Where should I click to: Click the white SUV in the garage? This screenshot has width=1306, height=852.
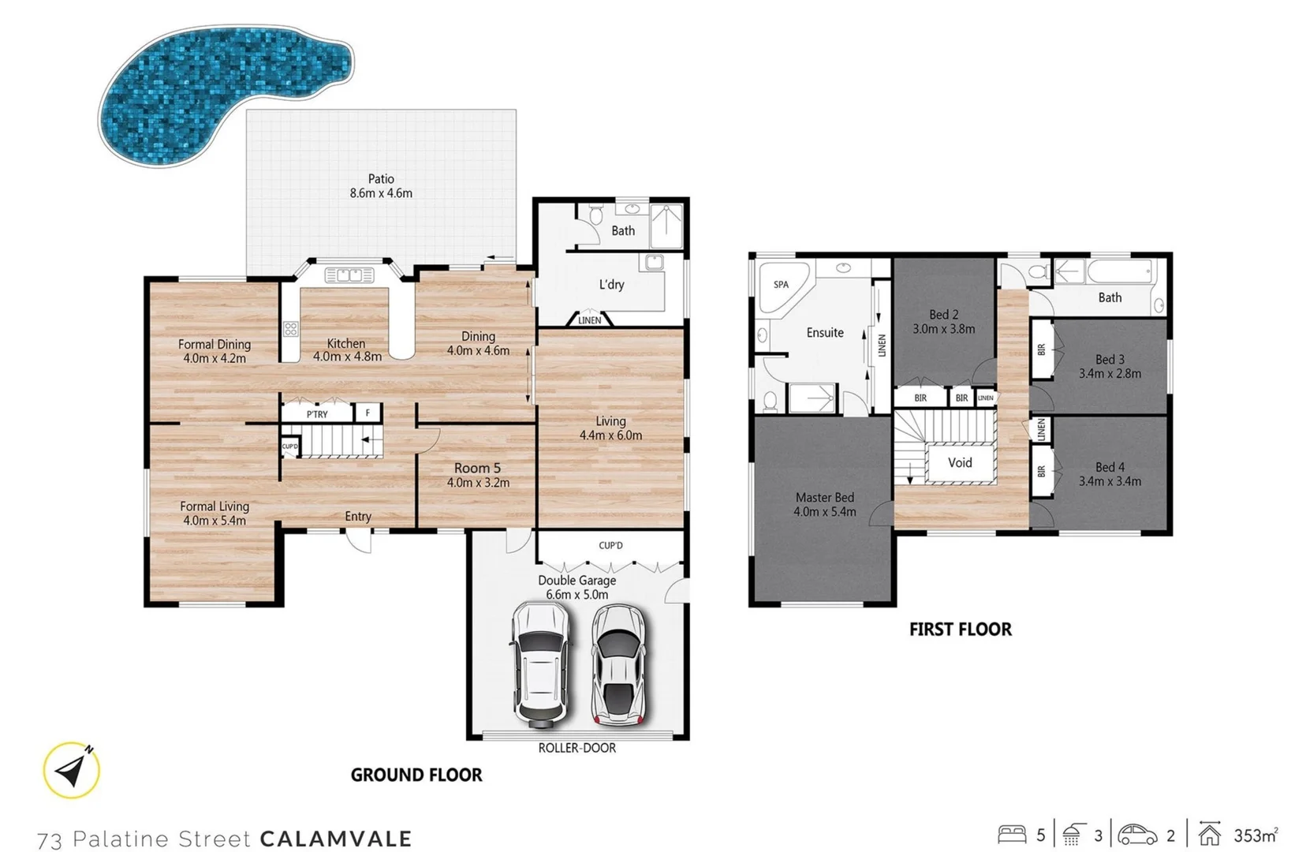pyautogui.click(x=541, y=663)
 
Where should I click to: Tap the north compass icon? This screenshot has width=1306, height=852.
pyautogui.click(x=72, y=770)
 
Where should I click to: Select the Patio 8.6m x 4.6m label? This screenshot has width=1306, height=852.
pyautogui.click(x=381, y=186)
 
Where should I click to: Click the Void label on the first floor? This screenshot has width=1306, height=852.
pyautogui.click(x=959, y=463)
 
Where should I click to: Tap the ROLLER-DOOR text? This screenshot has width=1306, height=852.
pyautogui.click(x=577, y=748)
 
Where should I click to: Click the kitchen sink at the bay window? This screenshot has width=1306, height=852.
pyautogui.click(x=349, y=275)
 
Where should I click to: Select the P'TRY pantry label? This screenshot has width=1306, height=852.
pyautogui.click(x=317, y=414)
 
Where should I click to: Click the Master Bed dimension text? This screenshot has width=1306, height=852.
pyautogui.click(x=824, y=511)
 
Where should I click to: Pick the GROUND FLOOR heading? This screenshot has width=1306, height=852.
pyautogui.click(x=416, y=775)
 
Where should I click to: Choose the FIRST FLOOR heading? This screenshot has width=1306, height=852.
pyautogui.click(x=960, y=630)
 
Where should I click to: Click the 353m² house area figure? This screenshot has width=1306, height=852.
pyautogui.click(x=1255, y=835)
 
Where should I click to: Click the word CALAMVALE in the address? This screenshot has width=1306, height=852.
pyautogui.click(x=336, y=839)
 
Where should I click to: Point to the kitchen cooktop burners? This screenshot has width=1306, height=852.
pyautogui.click(x=291, y=329)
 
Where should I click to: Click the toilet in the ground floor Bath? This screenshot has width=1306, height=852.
pyautogui.click(x=596, y=214)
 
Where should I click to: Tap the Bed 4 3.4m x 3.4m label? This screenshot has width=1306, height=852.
pyautogui.click(x=1110, y=474)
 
